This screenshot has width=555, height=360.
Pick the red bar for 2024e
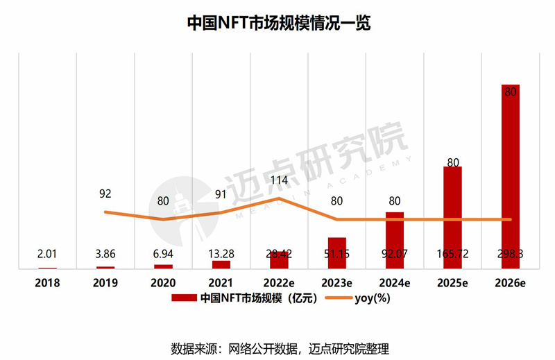[x=394, y=240]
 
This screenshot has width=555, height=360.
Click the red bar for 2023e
[x=336, y=252]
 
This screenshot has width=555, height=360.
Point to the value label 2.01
[x=48, y=255]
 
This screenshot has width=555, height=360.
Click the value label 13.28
[x=221, y=255]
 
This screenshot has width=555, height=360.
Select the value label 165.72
[x=452, y=255]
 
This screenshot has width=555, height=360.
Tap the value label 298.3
[x=510, y=255]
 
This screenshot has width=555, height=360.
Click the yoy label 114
[x=278, y=181]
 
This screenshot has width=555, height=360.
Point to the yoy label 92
[x=105, y=194]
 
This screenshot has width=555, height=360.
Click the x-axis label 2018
[x=48, y=282]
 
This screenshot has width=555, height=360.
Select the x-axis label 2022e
[x=278, y=282]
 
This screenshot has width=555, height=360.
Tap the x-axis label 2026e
[x=510, y=282]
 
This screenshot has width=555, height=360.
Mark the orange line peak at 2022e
[x=279, y=198]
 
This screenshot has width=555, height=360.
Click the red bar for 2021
[x=221, y=264]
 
